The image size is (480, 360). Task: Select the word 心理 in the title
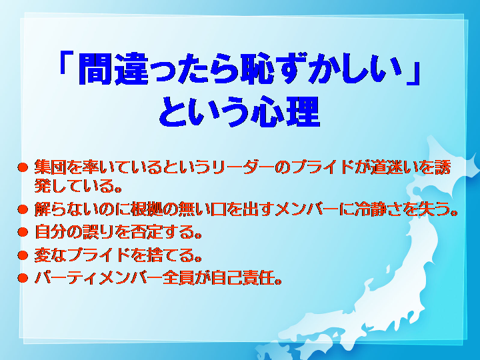285,112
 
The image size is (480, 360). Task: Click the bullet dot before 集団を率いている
23,168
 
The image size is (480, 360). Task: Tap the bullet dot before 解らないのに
23,210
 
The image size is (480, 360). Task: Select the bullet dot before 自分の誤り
23,233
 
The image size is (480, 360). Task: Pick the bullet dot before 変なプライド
23,255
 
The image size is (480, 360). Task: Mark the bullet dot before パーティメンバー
23,278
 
